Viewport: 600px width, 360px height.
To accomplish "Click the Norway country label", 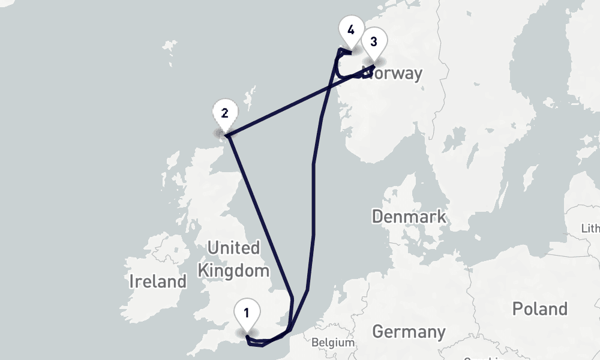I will (x=393, y=74).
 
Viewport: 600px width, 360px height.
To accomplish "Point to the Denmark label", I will (x=409, y=217).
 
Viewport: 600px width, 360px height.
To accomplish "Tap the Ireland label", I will (x=158, y=281).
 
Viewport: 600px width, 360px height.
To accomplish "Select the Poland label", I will (x=539, y=309).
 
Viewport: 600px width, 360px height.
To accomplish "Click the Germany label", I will (x=409, y=331).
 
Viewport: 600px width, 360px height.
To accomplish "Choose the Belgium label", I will (x=333, y=343).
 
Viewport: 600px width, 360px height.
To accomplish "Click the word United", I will (x=233, y=248).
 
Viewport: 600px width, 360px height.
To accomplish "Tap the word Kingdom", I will (x=233, y=271).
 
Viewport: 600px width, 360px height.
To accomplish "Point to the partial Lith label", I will (x=590, y=229).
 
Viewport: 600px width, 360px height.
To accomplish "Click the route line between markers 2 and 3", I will (x=288, y=108).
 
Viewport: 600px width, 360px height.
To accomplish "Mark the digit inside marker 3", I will (x=374, y=41).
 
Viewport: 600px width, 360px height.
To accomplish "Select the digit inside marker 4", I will (x=351, y=29).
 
